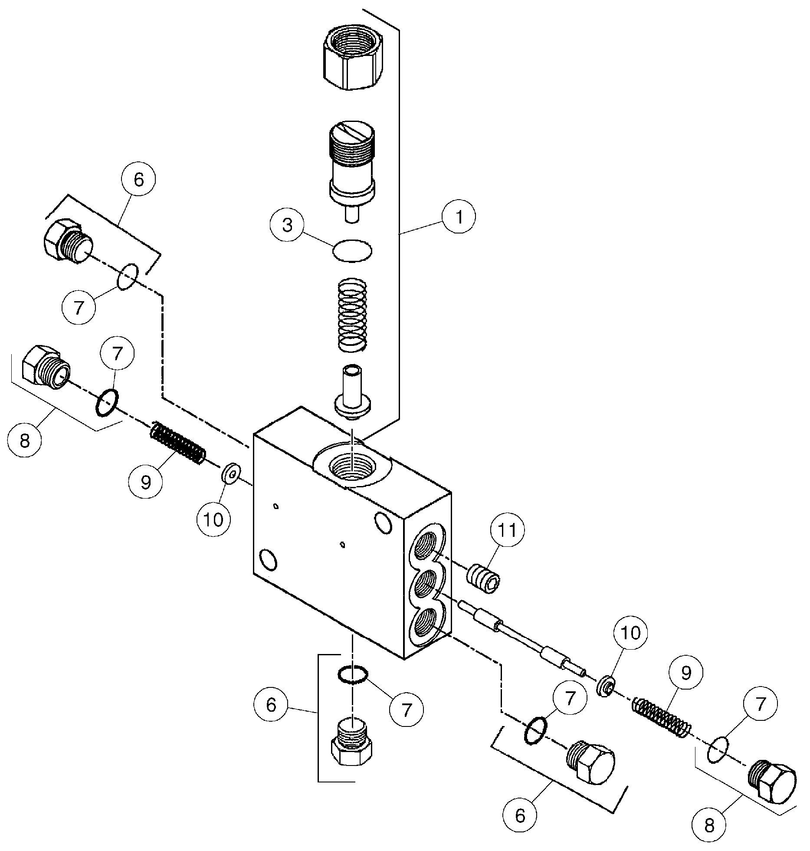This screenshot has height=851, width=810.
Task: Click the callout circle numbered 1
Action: click(459, 217)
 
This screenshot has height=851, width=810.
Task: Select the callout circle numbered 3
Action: click(287, 226)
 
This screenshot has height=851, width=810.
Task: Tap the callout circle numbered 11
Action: click(508, 530)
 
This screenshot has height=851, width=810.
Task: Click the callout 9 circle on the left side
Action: click(146, 481)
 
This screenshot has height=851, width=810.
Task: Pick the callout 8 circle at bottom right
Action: click(709, 825)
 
